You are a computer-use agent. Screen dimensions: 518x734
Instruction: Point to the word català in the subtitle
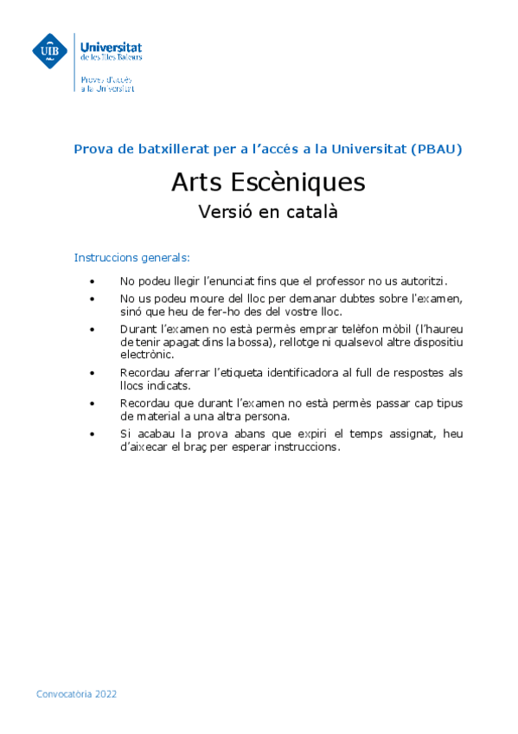[x=309, y=211]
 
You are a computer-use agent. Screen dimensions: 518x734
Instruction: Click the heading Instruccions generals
[x=131, y=258]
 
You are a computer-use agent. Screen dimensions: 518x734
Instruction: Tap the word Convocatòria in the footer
[x=63, y=694]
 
